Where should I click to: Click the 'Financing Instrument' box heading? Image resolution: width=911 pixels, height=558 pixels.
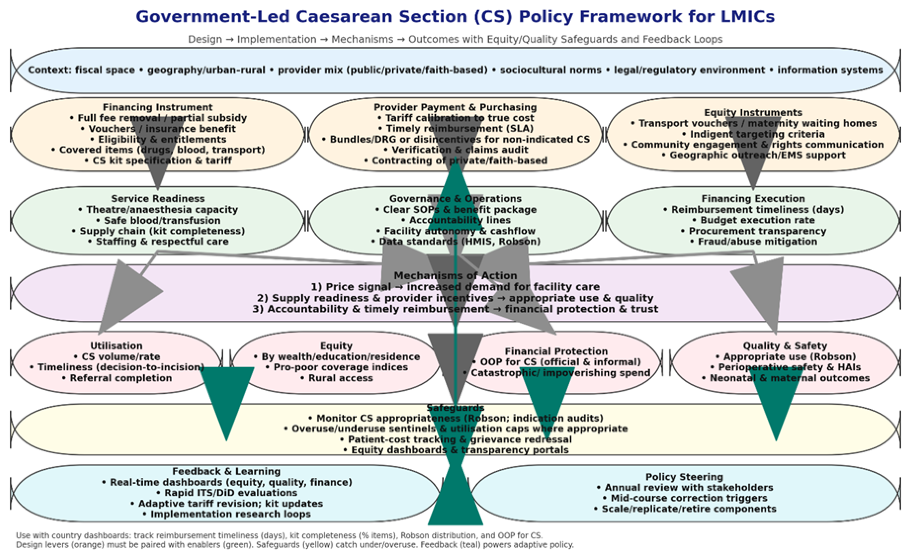(158, 107)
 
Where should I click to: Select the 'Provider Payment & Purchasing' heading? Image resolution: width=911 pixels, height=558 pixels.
(455, 107)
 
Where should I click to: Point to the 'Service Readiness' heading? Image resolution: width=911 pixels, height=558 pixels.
(158, 199)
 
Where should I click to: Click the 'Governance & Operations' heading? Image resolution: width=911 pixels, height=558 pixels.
(455, 199)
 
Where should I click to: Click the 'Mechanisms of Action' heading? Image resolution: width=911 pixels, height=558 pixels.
(455, 276)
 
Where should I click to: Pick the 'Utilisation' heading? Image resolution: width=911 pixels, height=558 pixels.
(116, 346)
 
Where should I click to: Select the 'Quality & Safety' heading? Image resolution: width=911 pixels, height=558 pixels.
(785, 346)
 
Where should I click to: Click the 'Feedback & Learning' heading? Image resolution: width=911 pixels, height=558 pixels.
(226, 471)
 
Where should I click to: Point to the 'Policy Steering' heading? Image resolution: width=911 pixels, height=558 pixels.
(684, 477)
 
